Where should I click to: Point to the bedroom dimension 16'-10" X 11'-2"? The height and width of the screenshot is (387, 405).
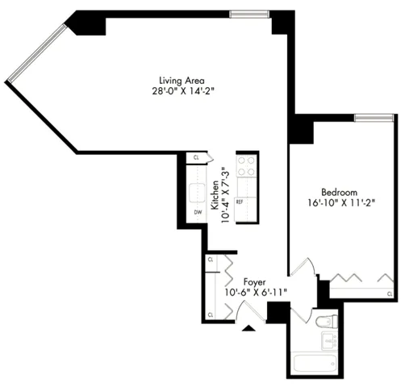click(x=342, y=203)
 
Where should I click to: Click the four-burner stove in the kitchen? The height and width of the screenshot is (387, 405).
click(x=246, y=165)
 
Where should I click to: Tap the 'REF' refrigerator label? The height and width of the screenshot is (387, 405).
click(x=240, y=202)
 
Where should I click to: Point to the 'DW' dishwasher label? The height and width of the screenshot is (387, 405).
click(x=197, y=213)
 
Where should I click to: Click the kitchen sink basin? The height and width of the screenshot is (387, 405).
click(x=197, y=192)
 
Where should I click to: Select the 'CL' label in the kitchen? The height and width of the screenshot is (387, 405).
click(x=196, y=158)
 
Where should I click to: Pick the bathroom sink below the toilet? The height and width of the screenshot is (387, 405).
click(x=329, y=342)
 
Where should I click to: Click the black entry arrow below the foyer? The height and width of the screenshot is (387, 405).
click(x=248, y=327)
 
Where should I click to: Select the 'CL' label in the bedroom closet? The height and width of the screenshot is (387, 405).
click(x=389, y=293)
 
